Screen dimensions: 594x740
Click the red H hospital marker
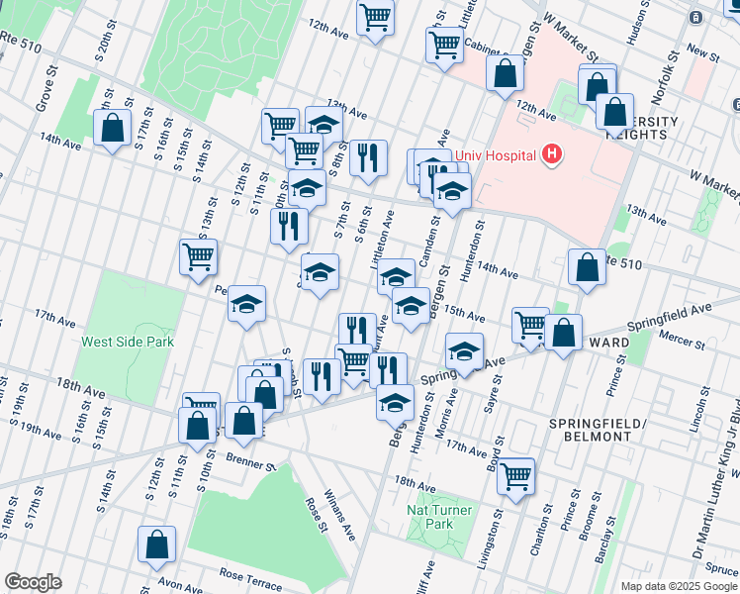pyautogui.click(x=552, y=155)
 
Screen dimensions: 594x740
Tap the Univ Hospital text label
pyautogui.click(x=496, y=155)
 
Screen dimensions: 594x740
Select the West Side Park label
pyautogui.click(x=128, y=342)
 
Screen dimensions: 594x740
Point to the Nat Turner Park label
pyautogui.click(x=430, y=516)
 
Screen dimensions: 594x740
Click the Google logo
pyautogui.click(x=33, y=582)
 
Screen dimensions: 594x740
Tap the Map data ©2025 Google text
pyautogui.click(x=678, y=586)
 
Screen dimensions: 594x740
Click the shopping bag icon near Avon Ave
pyautogui.click(x=156, y=544)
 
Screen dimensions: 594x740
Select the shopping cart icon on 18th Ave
pyautogui.click(x=515, y=476)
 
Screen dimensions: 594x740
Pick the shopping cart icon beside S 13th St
pyautogui.click(x=199, y=256)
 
